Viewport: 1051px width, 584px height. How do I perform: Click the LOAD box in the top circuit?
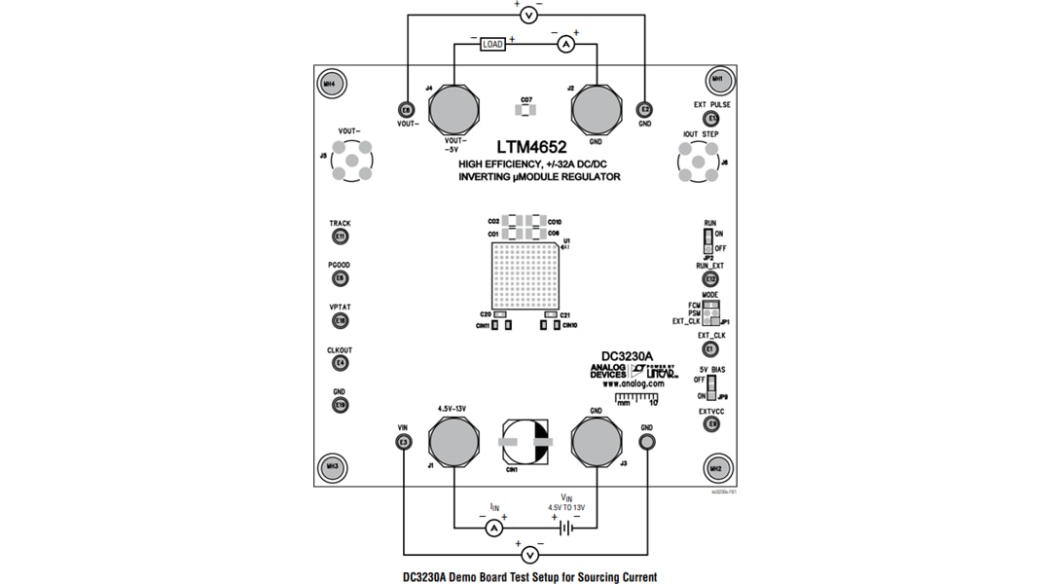492,44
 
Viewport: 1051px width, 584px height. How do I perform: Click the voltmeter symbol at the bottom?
529,555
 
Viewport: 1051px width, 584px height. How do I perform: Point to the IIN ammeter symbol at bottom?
493,528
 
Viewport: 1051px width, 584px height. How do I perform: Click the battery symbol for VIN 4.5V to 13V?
565,528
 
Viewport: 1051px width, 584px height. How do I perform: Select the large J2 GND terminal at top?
596,109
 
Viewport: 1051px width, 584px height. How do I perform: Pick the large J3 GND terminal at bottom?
596,443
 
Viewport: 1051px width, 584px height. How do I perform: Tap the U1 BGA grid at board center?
525,275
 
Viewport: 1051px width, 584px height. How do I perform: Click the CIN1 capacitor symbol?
525,443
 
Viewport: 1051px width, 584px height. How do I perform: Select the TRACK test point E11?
340,237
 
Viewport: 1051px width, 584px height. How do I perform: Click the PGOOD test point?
340,278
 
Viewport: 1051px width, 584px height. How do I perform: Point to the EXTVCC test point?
711,424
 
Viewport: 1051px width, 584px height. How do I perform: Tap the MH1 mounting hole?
717,80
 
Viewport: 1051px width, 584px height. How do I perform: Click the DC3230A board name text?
627,356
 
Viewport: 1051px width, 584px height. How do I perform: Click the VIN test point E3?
404,443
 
